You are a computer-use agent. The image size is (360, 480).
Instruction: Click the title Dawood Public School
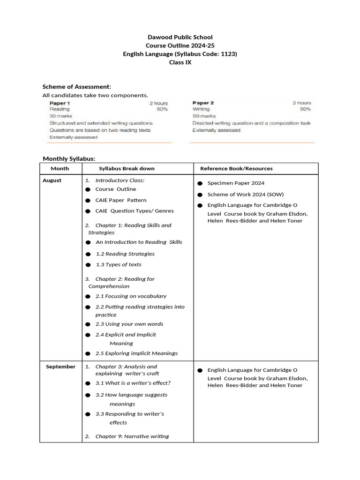[x=180, y=37]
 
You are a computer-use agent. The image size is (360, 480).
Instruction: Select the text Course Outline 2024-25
[x=180, y=45]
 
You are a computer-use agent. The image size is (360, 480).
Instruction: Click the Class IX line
[x=180, y=62]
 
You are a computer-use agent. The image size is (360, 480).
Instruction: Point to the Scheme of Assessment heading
[x=77, y=87]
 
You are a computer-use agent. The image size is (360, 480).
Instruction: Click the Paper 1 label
[x=60, y=103]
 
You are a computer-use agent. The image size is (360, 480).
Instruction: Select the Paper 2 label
[x=203, y=103]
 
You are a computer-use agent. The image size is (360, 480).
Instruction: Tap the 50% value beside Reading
[x=162, y=109]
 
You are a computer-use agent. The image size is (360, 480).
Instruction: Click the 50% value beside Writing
[x=305, y=109]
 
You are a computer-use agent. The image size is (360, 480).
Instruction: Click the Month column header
[x=60, y=168]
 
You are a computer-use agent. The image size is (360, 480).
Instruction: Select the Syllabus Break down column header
[x=127, y=168]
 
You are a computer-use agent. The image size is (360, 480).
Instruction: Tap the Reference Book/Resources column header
[x=236, y=168]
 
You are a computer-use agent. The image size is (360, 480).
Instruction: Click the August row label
[x=52, y=180]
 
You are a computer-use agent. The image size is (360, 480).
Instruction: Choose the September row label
[x=60, y=367]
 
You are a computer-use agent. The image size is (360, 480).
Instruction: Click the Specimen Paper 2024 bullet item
[x=232, y=183]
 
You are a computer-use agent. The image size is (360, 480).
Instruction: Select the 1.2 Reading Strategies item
[x=125, y=254]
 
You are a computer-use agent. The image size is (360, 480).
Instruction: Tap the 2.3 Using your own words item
[x=129, y=324]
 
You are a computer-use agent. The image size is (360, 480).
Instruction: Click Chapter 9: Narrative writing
[x=132, y=436]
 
